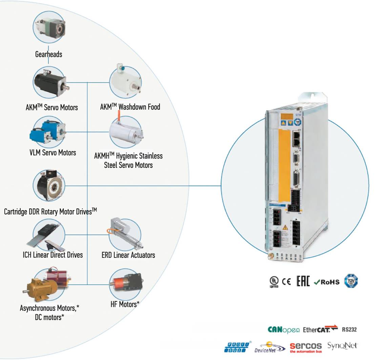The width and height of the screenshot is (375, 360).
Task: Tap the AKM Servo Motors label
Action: [52, 107]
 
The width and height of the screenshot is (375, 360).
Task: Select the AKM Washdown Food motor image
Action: [125, 82]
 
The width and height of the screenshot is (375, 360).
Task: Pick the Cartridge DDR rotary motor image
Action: [49, 185]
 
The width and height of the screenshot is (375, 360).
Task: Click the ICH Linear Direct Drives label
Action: [53, 255]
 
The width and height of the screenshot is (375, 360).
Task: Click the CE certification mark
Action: [287, 282]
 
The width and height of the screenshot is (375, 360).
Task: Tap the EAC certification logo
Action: [303, 282]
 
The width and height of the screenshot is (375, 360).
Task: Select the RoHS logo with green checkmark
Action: [327, 282]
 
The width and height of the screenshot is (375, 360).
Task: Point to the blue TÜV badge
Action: [351, 282]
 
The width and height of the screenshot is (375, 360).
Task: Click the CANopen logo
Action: [284, 329]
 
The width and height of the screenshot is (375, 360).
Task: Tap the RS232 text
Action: [349, 329]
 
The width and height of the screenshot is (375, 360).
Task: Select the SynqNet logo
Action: [342, 346]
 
